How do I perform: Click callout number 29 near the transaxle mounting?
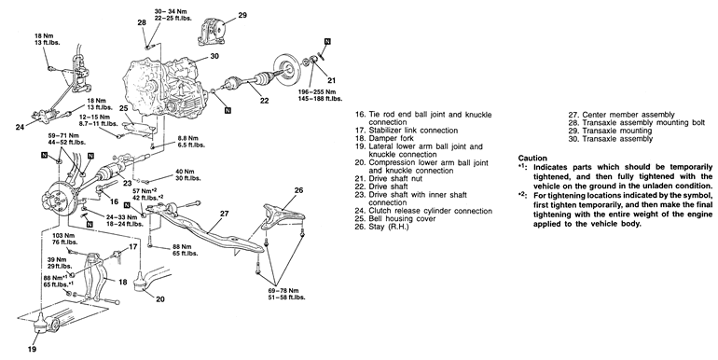pos(242,15)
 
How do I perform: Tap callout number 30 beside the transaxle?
pos(214,56)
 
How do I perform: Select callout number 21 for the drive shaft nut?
pos(332,80)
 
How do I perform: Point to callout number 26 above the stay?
pos(298,190)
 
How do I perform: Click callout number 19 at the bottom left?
pos(32,349)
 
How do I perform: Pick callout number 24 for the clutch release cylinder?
pos(20,127)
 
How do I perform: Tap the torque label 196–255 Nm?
pos(319,91)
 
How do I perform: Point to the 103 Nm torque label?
pos(61,235)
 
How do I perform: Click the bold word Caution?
pos(532,158)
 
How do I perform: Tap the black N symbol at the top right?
pos(327,42)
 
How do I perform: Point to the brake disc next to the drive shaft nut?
pos(288,69)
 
